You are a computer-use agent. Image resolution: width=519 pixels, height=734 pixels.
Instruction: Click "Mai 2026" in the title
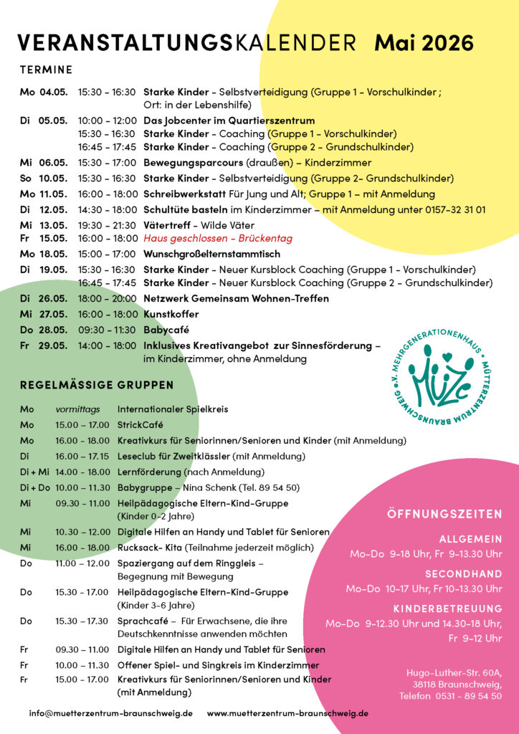[x=424, y=43]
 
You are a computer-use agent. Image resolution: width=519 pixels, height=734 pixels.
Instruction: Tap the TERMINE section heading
[x=46, y=70]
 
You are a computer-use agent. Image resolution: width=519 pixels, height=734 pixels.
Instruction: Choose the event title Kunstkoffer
[x=171, y=314]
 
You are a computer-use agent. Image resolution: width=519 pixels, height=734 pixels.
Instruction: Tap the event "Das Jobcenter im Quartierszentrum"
[x=229, y=120]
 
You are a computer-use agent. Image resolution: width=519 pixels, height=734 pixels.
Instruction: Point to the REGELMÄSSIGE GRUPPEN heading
[x=97, y=385]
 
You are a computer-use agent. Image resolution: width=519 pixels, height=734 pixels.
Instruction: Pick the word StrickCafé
[x=141, y=424]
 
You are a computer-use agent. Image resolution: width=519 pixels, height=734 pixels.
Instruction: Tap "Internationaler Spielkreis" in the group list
[x=173, y=409]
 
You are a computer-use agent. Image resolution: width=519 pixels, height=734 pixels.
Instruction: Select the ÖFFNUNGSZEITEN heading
[x=444, y=515]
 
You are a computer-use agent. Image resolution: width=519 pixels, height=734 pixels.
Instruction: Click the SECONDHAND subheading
[x=464, y=574]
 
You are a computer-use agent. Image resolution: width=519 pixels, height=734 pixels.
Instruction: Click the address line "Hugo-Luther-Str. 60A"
[x=454, y=672]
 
